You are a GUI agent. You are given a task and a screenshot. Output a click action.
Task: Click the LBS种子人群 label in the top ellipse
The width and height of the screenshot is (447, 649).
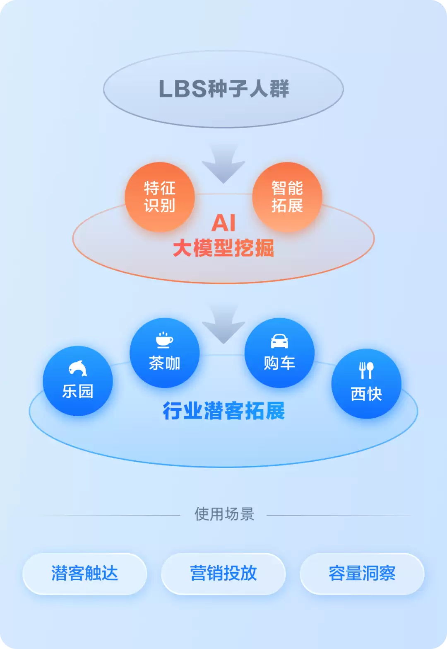[223, 89]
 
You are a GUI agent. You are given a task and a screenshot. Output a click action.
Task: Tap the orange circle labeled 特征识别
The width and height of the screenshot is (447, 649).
[160, 197]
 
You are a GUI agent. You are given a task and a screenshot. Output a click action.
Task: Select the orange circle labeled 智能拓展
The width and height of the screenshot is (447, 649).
[287, 197]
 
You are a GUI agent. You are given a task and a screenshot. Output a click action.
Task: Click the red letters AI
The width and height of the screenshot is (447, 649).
[223, 223]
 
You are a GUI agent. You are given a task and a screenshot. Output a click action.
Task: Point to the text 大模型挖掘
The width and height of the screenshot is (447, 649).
[223, 248]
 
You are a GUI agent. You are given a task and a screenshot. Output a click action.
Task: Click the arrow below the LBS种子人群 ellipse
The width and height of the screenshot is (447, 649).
[223, 164]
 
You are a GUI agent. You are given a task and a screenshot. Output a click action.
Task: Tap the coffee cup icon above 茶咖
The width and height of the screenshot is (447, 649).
[164, 340]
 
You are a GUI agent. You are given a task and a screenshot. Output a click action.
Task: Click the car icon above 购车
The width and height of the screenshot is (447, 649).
[279, 341]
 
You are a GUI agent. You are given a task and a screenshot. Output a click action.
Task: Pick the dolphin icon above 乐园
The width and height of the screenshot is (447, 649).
[77, 368]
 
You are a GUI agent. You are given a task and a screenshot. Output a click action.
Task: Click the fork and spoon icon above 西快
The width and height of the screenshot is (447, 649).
[366, 371]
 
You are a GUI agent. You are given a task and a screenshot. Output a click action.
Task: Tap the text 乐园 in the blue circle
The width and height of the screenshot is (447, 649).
[77, 391]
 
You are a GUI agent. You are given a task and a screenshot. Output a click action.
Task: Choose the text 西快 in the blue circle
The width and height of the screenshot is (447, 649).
[366, 394]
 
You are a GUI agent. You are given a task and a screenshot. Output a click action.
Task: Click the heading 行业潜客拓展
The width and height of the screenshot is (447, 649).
[223, 411]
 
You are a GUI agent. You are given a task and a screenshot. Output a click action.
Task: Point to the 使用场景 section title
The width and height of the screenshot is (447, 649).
[224, 514]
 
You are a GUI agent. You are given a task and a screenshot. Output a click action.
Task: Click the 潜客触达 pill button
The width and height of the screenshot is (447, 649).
[85, 574]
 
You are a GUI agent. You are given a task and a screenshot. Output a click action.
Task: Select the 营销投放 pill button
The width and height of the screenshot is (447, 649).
[223, 574]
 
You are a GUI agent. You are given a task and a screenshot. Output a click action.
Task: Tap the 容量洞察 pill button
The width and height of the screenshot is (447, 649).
[362, 574]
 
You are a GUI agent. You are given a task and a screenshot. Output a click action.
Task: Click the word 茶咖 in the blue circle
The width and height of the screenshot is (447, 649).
[164, 363]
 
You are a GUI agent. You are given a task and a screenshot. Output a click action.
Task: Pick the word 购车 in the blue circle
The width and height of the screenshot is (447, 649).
[279, 363]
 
